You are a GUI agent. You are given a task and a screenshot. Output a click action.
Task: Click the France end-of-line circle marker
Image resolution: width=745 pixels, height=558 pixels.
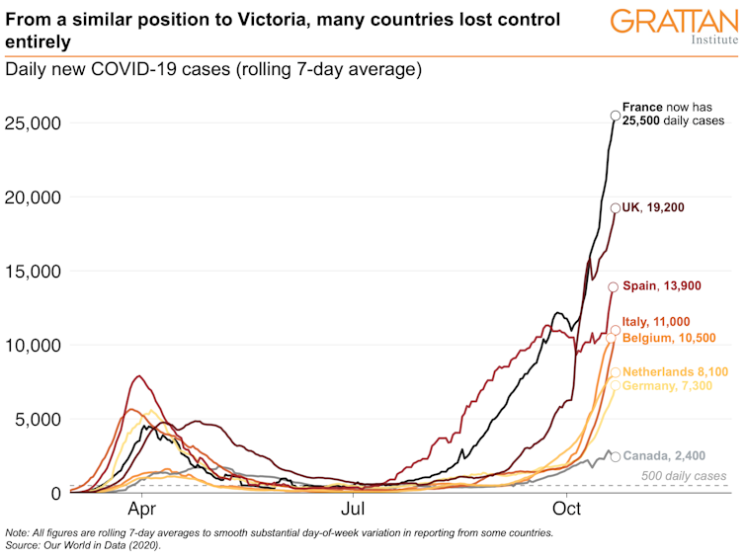pos(616,116)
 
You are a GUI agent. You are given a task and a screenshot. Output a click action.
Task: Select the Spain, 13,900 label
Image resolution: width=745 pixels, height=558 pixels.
pos(662,285)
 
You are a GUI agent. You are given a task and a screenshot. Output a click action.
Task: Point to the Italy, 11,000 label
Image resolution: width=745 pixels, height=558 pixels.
pos(656,321)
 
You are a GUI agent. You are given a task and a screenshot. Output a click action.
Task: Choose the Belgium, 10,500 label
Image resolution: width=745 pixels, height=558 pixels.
pos(669,338)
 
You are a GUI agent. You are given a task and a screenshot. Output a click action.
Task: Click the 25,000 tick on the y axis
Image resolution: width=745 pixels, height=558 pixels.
pos(34,123)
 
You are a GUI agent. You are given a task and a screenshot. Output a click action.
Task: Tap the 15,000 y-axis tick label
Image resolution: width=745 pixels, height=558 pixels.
pos(34,272)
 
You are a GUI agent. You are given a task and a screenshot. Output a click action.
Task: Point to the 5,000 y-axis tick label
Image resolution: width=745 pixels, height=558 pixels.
pos(38,419)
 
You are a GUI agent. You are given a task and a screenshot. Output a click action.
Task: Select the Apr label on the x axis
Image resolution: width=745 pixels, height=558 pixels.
pos(143,511)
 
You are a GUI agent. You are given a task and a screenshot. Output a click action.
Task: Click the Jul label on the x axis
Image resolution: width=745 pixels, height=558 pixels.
pos(355,511)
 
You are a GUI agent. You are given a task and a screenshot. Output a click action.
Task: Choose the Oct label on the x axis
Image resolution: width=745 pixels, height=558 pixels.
pos(566,511)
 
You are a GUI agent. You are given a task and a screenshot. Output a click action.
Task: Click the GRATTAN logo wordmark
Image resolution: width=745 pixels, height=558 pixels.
pos(673,21)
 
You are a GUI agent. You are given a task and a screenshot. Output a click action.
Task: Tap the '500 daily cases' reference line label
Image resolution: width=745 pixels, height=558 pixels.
pos(683,477)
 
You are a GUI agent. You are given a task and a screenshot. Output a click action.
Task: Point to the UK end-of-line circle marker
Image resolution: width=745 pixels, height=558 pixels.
pos(615,207)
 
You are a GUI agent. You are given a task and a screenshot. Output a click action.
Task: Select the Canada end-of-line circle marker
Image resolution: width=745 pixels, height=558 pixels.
pos(616,456)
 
